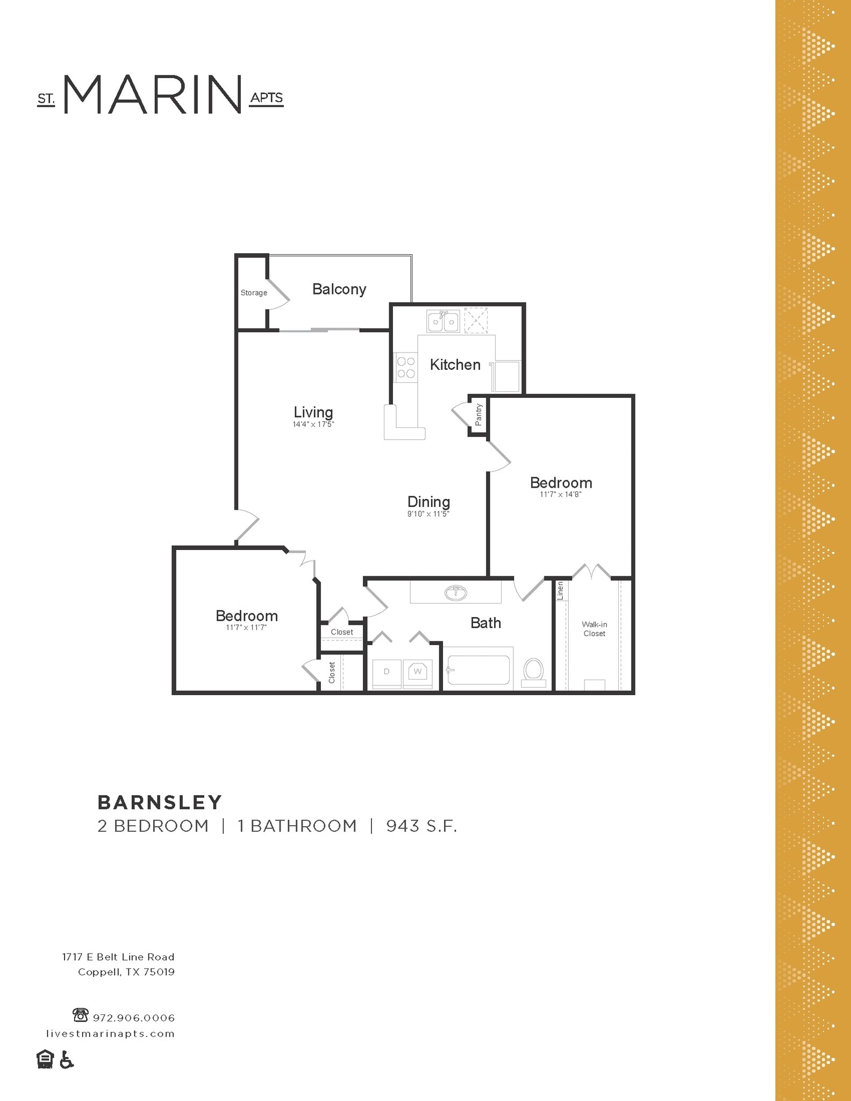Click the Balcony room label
tap(339, 289)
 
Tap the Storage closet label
tap(254, 293)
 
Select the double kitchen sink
tap(444, 321)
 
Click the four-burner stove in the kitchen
tap(406, 368)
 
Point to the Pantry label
tap(478, 414)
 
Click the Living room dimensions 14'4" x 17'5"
tap(313, 425)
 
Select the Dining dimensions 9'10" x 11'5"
tap(428, 514)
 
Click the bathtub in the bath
tap(478, 670)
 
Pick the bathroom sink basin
tap(456, 593)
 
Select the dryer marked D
tap(386, 672)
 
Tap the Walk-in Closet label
tap(594, 629)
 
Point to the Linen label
tap(560, 591)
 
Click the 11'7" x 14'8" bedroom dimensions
tap(561, 495)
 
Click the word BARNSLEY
tap(160, 803)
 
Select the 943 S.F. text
tap(421, 826)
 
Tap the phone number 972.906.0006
tap(134, 1018)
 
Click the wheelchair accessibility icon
tap(66, 1060)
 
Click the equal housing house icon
tap(45, 1059)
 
